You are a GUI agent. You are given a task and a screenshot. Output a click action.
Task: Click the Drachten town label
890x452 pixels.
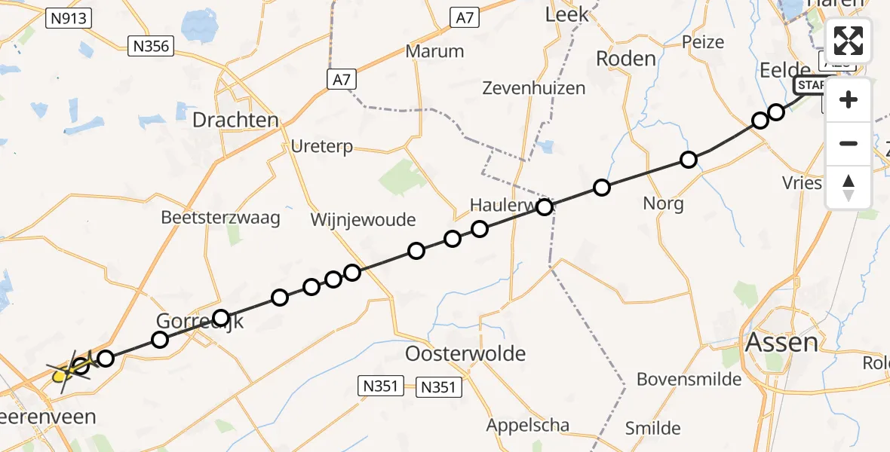(x=235, y=120)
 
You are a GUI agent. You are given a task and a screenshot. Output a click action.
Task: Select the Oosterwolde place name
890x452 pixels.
(x=465, y=353)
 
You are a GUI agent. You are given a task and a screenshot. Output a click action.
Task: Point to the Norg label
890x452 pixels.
(x=664, y=203)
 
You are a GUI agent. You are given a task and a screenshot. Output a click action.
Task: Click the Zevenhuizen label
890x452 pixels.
(x=536, y=88)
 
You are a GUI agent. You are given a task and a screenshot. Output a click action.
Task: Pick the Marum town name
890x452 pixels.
(x=434, y=51)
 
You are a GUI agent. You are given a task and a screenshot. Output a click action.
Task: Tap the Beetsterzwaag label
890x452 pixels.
(x=220, y=218)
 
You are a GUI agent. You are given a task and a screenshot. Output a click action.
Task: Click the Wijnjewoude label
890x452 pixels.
(x=364, y=220)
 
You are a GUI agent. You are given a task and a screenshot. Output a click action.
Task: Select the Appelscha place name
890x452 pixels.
(x=528, y=425)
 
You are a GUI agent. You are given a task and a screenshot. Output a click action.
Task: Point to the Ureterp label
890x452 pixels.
(x=322, y=146)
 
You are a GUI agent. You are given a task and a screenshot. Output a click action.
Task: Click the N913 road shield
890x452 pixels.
(x=68, y=19)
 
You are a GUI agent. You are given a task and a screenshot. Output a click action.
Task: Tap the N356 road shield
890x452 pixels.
(x=152, y=46)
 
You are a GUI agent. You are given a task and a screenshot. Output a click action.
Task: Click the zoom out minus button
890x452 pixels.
(x=849, y=143)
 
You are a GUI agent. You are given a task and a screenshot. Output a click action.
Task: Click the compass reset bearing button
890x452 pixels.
(x=849, y=187)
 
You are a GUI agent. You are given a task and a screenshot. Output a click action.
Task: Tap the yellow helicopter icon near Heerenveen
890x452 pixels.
(x=63, y=370)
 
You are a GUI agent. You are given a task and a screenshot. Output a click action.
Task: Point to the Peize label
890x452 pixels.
(x=703, y=42)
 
